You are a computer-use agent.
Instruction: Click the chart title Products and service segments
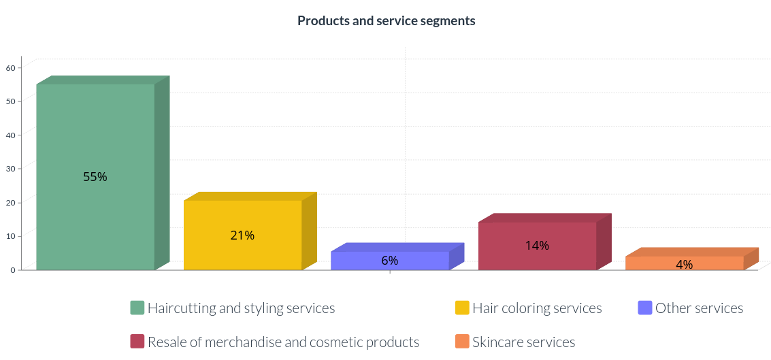386,20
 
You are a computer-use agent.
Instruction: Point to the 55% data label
95,177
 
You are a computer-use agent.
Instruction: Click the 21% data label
242,235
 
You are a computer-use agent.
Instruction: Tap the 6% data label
390,261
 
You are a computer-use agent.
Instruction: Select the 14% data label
537,246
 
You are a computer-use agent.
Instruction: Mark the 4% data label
685,265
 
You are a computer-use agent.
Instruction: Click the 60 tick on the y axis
11,67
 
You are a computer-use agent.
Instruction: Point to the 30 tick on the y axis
11,168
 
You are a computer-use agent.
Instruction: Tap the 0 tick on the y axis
13,269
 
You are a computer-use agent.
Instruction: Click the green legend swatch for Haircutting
137,308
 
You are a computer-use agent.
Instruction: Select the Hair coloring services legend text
537,308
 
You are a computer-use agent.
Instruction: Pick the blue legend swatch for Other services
645,308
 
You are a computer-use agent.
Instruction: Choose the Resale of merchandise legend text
283,342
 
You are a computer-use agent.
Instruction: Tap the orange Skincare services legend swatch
462,342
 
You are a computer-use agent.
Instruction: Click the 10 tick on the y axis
11,235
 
